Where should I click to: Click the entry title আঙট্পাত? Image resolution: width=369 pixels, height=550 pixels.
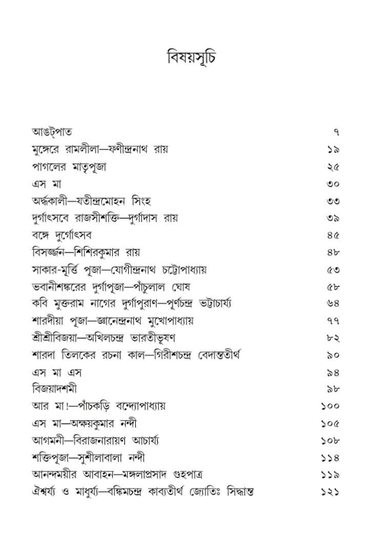click(x=50, y=132)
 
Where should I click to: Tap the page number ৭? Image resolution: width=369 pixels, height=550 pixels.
click(x=336, y=133)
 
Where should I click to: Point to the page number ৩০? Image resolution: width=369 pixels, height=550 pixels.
click(x=333, y=184)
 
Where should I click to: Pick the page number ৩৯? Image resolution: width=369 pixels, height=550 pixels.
click(x=333, y=218)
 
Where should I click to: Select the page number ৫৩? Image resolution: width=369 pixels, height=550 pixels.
click(x=333, y=270)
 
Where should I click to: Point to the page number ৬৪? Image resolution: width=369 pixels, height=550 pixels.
click(x=333, y=304)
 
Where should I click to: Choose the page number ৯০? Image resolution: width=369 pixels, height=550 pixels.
click(x=333, y=355)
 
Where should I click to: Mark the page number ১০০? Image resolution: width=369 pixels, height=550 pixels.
click(x=330, y=406)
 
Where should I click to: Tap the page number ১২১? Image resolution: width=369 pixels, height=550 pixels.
click(x=330, y=492)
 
